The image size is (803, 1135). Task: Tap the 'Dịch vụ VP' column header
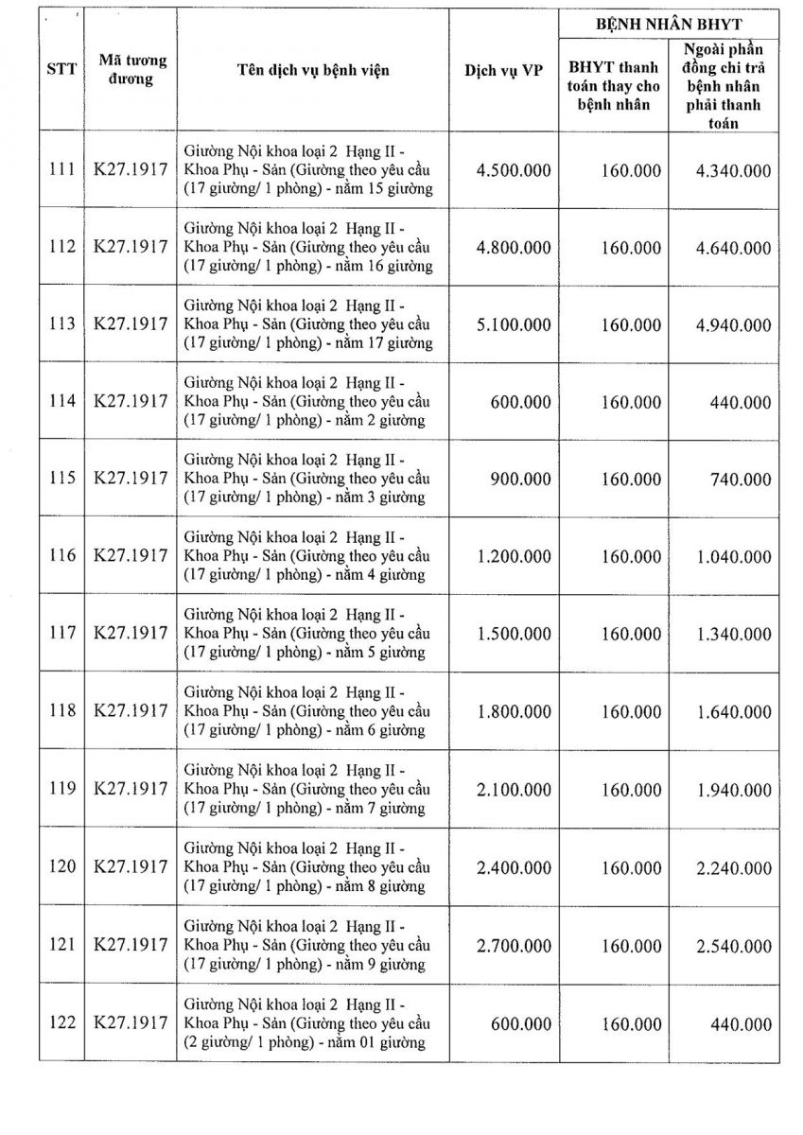[504, 71]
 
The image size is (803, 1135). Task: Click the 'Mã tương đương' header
[132, 71]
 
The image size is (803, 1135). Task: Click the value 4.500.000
[515, 170]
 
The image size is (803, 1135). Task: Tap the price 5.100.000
[515, 324]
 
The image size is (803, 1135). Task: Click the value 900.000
[520, 480]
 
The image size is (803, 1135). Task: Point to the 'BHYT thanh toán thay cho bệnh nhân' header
[614, 86]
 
